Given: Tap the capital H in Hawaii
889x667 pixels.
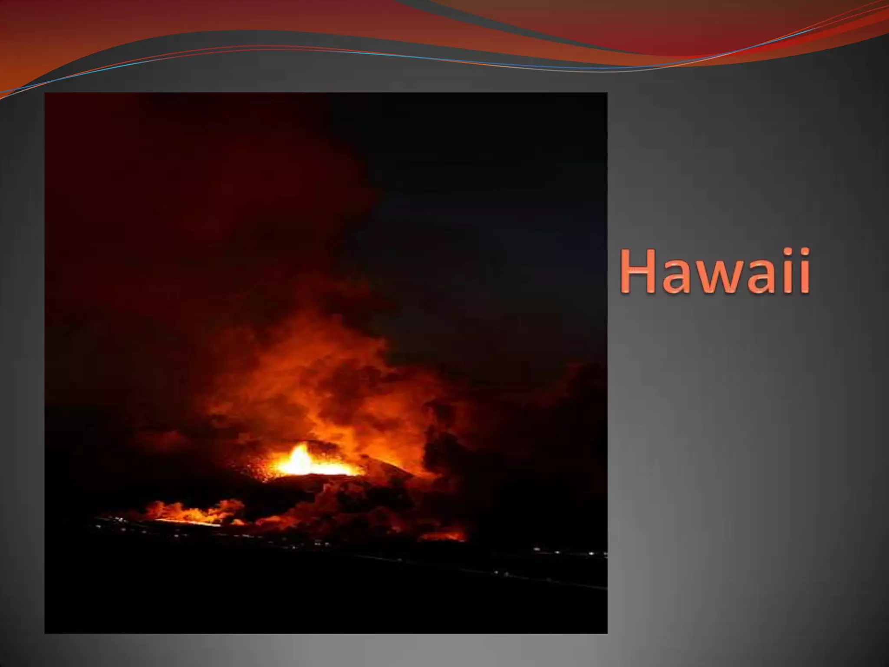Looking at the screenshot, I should [640, 271].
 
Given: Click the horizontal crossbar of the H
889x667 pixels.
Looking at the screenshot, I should [640, 270].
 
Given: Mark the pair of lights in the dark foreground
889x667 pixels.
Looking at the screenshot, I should [501, 574].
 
